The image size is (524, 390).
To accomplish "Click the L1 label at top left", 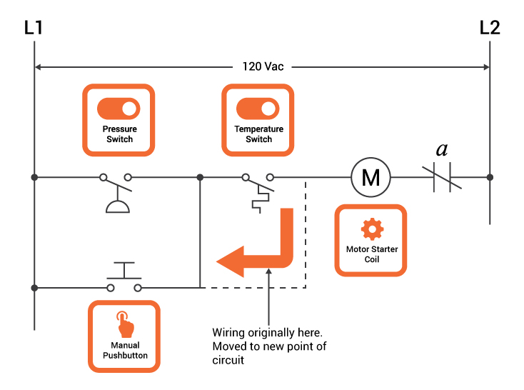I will coord(34,28).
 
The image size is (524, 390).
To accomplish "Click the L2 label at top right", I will coord(490,28).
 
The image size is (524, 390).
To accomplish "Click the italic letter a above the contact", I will coord(443,150).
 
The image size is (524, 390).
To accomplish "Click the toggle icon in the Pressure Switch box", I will coord(119,109).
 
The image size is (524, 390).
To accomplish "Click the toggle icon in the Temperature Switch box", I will coord(258,109).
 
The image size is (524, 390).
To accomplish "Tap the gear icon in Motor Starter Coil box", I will coord(371,229).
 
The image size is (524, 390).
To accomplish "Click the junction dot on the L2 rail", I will coord(490,177).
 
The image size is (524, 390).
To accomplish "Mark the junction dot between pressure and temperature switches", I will coord(200,177).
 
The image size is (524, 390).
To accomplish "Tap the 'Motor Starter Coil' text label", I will coord(371,254).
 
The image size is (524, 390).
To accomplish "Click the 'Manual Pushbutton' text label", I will coord(124,350).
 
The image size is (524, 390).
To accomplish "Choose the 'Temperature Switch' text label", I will coord(258,134).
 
